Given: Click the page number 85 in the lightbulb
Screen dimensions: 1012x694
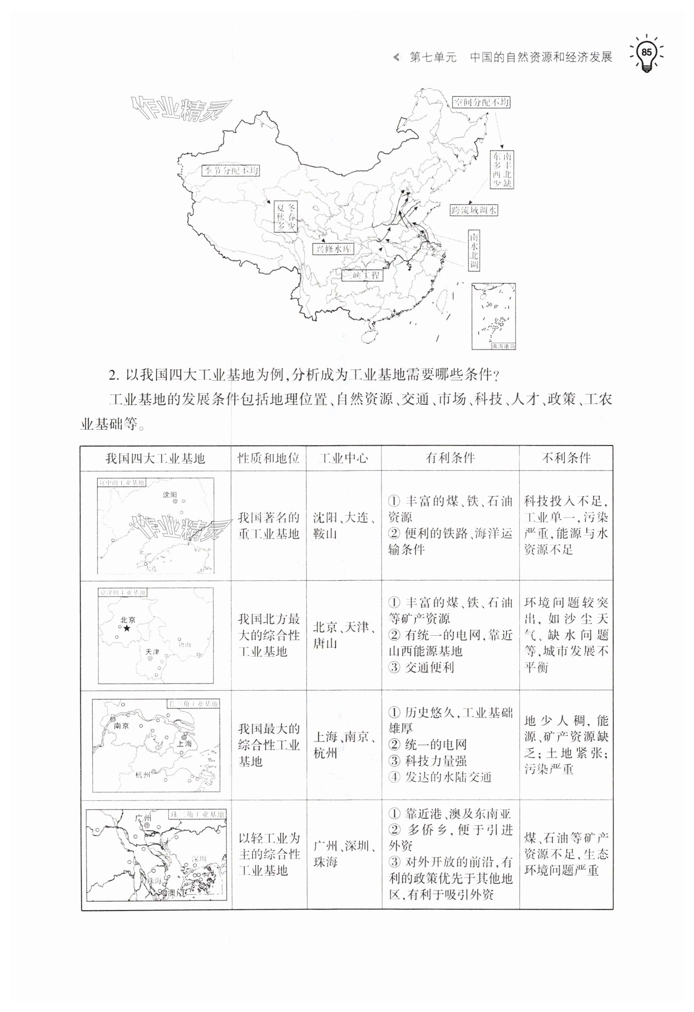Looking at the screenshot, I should coord(646,52).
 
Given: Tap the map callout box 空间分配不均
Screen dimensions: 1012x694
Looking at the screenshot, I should coord(481,102).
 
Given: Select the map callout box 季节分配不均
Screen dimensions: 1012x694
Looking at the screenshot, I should coord(231,170).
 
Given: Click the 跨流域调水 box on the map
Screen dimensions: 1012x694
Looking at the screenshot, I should coord(474,210).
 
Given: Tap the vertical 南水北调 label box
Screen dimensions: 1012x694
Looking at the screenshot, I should coord(474,250).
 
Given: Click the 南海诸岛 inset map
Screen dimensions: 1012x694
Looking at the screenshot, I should coord(493,316).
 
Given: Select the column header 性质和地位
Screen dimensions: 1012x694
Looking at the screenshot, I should coord(268,458).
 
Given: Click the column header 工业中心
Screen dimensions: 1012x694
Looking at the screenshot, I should coord(343,458).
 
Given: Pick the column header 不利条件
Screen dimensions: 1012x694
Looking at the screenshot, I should coord(566,458).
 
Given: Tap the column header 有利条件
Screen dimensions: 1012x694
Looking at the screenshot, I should coord(450,458).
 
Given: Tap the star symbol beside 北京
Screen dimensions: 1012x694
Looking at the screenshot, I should coord(127,628).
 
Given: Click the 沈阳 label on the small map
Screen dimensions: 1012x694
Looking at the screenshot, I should coord(170,495).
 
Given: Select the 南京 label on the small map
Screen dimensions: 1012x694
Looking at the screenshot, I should coord(121,726).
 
